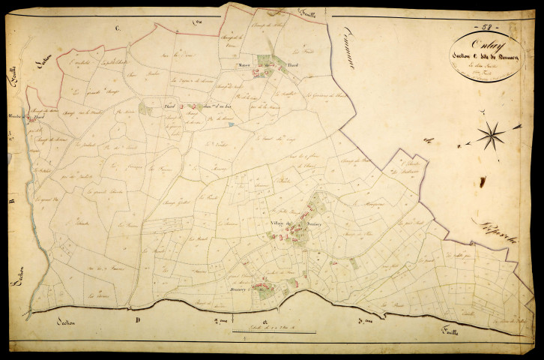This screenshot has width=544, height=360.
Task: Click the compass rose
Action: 490,136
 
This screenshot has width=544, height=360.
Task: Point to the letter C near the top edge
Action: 117,28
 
